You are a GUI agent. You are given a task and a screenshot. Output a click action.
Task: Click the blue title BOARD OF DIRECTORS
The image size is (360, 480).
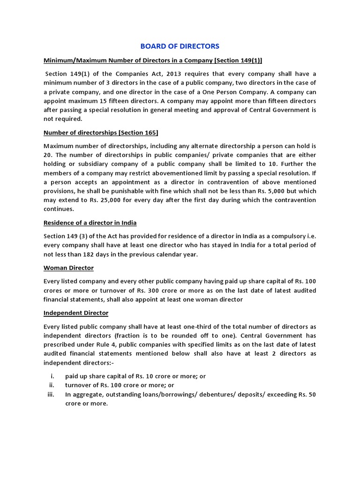point(180,46)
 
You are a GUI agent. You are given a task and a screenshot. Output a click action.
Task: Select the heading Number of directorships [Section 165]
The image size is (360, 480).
point(101,133)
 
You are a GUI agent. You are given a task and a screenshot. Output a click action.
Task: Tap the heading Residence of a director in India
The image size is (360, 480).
point(90,223)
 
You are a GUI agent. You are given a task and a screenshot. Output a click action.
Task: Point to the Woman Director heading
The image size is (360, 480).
point(68,268)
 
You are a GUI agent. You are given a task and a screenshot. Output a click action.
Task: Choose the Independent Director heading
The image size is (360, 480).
point(76,313)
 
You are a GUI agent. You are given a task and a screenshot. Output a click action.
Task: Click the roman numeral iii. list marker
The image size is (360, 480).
point(52,394)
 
